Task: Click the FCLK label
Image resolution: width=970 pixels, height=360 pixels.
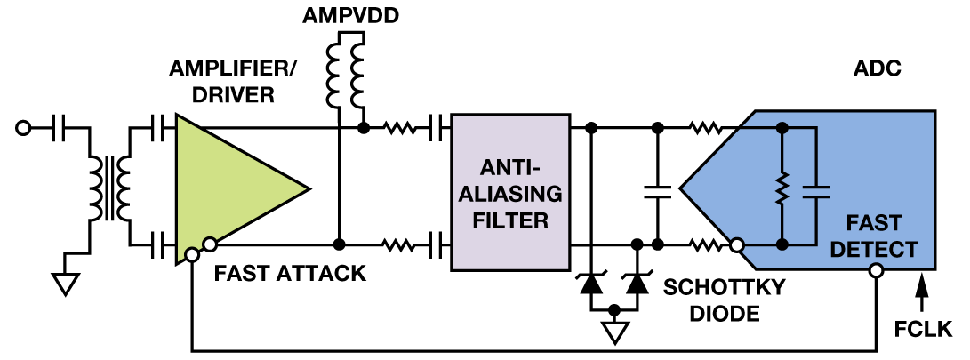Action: [923, 331]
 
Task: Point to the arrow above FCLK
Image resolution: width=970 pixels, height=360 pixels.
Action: [922, 289]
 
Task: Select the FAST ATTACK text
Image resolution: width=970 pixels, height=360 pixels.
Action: [290, 273]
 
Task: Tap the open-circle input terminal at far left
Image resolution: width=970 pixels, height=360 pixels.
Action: [22, 129]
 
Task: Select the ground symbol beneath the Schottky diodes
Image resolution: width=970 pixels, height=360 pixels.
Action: [614, 332]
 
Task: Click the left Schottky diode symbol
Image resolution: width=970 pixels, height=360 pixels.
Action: [589, 284]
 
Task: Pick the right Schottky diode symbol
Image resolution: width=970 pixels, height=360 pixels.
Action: [637, 284]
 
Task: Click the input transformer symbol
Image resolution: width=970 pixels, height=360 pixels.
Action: [109, 187]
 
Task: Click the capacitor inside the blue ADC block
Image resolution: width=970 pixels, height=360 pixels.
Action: [814, 188]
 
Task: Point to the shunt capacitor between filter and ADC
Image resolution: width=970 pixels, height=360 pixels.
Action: [658, 188]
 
